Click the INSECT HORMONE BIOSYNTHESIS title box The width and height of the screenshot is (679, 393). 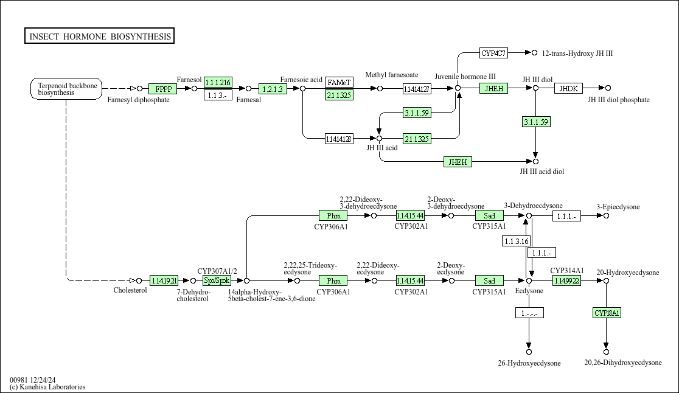tap(100, 37)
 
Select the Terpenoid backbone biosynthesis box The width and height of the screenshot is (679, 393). tap(66, 89)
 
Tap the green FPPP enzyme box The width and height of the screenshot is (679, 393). tap(162, 89)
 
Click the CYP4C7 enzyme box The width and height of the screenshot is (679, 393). tap(493, 54)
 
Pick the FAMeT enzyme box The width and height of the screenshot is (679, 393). tap(339, 82)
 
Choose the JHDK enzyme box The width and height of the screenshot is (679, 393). tap(569, 89)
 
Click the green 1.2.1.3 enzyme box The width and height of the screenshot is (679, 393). tap(273, 89)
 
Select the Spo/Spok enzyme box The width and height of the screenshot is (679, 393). tap(217, 280)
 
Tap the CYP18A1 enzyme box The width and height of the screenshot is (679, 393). tap(607, 313)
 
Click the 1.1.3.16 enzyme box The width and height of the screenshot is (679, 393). tap(516, 242)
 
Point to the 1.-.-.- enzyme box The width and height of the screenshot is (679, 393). tap(529, 313)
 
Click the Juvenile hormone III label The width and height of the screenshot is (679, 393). tap(465, 77)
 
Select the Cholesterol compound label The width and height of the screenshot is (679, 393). tap(130, 290)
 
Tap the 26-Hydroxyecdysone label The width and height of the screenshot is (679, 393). tap(529, 363)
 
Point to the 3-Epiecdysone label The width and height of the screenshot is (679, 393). tap(618, 207)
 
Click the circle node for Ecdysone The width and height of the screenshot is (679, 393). tap(529, 280)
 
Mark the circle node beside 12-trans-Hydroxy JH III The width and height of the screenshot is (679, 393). tap(535, 53)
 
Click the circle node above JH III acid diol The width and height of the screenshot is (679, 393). tap(535, 161)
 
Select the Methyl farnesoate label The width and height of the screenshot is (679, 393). tap(391, 75)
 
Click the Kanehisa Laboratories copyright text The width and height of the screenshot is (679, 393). tap(47, 387)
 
